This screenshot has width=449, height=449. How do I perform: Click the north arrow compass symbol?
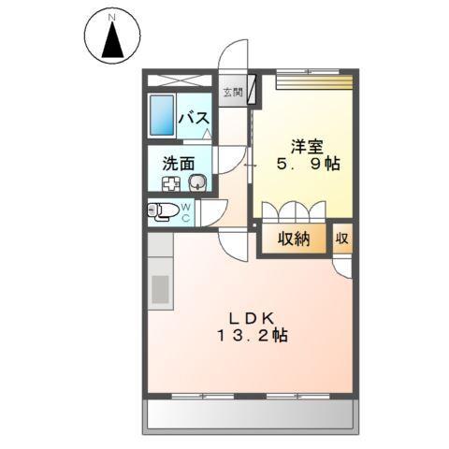click(x=113, y=40)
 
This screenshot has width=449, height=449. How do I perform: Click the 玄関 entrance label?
click(x=232, y=92)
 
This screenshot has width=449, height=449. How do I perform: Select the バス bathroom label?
click(x=194, y=120)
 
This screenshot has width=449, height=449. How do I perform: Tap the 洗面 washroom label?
click(x=179, y=162)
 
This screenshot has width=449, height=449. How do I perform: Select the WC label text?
click(x=186, y=211)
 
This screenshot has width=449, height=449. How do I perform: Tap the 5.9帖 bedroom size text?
click(x=307, y=164)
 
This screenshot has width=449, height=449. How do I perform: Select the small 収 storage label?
click(x=342, y=239)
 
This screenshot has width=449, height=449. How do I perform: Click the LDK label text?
click(x=247, y=316)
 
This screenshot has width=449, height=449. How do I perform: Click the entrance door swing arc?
click(x=234, y=54)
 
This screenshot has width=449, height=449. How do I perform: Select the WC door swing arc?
click(x=213, y=213)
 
